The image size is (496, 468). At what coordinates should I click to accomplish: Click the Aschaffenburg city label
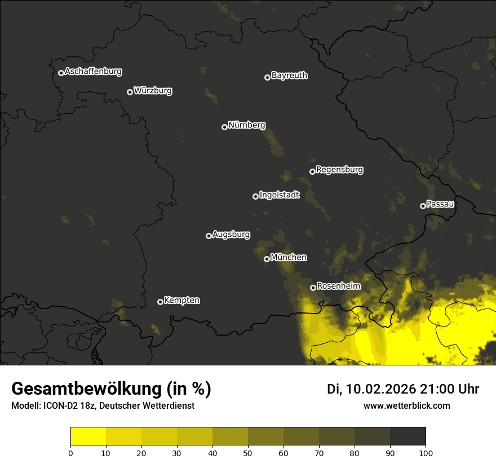pos(93,72)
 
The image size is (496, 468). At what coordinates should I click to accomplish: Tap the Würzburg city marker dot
pos(130,92)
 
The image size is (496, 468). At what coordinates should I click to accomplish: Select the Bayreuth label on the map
pos(289,76)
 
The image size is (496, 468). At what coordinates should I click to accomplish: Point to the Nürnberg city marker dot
pos(224,127)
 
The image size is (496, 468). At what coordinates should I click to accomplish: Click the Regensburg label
pos(339,169)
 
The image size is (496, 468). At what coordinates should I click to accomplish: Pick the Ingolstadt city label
pos(280,195)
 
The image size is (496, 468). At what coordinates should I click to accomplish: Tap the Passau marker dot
pos(423,206)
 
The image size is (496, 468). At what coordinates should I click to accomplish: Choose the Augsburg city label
pos(231,235)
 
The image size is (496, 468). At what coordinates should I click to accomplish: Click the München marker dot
pos(267,259)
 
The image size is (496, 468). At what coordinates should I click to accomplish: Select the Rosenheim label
pos(338,286)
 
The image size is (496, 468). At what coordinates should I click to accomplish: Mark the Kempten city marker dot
pos(160,302)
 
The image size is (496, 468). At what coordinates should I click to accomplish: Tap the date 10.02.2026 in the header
pos(380,389)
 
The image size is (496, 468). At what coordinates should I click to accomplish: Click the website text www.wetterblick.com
pos(406,406)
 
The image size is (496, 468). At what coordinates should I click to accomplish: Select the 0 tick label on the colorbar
pos(70,453)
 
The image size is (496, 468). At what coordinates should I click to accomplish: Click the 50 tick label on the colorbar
pos(248,453)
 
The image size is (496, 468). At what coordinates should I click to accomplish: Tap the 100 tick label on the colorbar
pos(426,453)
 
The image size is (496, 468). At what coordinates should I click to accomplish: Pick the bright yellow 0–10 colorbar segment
pos(88,436)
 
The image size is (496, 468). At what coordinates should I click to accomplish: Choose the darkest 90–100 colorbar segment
pos(408,436)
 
